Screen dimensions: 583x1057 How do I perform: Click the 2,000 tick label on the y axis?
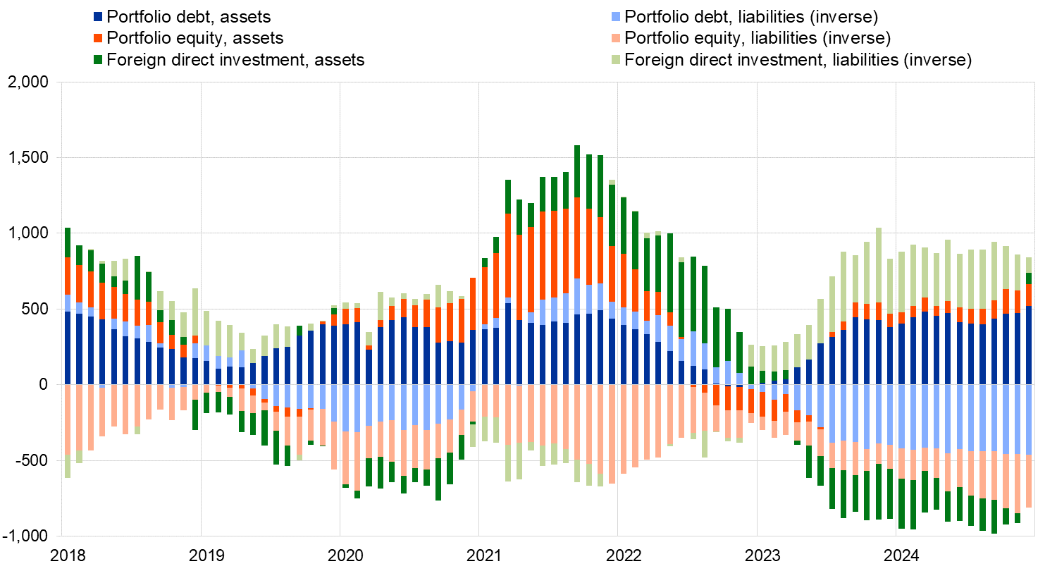[x=28, y=82]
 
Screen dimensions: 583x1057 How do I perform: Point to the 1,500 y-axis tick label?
[x=28, y=158]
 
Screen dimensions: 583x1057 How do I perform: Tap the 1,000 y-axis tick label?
[x=28, y=233]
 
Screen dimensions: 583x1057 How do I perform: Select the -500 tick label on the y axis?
[x=31, y=460]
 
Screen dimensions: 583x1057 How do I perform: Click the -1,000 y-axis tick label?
[x=25, y=536]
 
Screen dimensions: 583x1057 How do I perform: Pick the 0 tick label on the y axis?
[x=44, y=385]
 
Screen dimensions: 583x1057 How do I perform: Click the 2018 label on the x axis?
[x=68, y=556]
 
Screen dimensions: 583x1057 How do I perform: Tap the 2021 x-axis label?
[x=485, y=556]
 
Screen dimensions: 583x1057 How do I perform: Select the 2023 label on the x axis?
[x=762, y=556]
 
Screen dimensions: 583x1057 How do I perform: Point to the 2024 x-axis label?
[x=901, y=556]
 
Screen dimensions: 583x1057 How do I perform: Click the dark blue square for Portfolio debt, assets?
[x=98, y=16]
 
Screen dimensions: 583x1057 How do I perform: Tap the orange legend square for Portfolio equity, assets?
[x=98, y=37]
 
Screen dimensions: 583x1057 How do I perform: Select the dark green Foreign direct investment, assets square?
[x=98, y=60]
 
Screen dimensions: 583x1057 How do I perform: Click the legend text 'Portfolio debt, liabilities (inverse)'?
[x=751, y=16]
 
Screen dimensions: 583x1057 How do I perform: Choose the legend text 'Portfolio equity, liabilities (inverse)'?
[x=758, y=37]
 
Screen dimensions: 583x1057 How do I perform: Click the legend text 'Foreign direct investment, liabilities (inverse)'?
[x=798, y=60]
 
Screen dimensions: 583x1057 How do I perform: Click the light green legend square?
[x=616, y=60]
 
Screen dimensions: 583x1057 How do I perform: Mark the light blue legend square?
[x=616, y=16]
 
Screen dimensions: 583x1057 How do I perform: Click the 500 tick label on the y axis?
[x=35, y=309]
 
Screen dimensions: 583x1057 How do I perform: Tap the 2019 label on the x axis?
[x=207, y=556]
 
